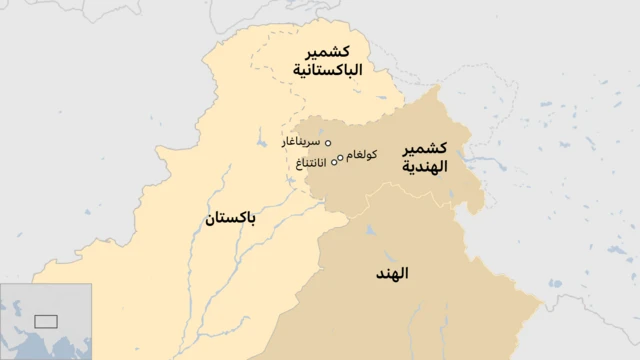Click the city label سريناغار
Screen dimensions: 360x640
302,143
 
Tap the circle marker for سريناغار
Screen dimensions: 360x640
328,143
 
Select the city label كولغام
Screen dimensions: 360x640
361,155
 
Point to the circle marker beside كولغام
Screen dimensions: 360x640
341,157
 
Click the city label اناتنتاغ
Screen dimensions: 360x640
308,162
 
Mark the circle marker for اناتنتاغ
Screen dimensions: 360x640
335,162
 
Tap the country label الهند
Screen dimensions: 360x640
393,272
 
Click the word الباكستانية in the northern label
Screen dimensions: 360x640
327,71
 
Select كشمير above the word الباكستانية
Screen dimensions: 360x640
327,50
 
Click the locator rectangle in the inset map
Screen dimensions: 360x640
45,321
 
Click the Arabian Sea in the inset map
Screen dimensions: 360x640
32,345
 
